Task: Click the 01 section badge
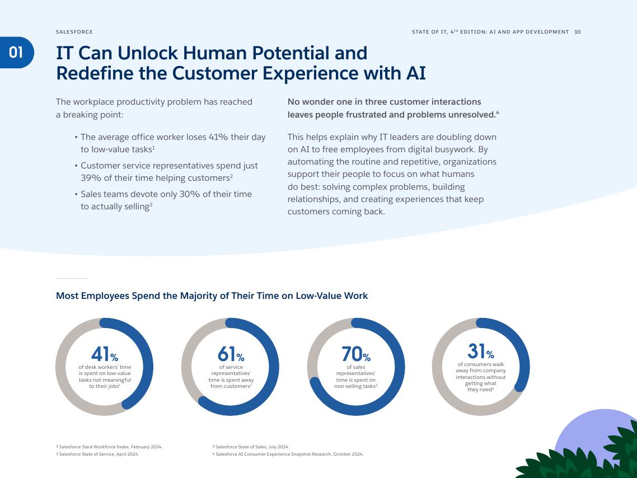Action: tap(16, 53)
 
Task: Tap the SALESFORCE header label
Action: tap(74, 32)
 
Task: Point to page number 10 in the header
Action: tap(578, 32)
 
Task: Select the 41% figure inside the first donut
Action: tap(104, 354)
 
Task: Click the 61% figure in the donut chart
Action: tap(231, 354)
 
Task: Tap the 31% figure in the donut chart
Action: tap(480, 352)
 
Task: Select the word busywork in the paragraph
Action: tap(452, 149)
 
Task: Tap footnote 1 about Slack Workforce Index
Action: tap(109, 447)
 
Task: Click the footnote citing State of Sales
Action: tap(251, 447)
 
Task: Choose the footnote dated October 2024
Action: tap(288, 454)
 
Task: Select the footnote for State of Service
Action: tap(97, 454)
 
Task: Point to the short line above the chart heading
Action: tap(72, 278)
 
